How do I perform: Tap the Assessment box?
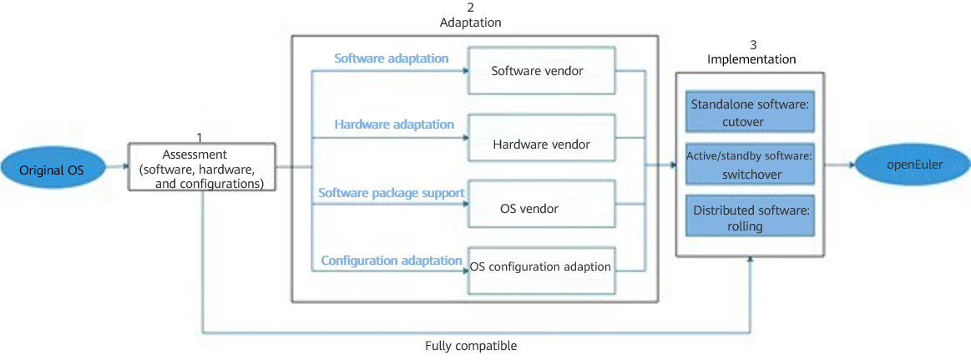(x=202, y=167)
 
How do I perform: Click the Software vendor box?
(x=542, y=71)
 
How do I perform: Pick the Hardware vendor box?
(x=542, y=144)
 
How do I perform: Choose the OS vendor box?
(x=542, y=208)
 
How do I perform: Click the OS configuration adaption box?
(x=542, y=267)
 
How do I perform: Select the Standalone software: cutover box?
(x=749, y=112)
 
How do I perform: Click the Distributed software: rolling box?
(x=749, y=217)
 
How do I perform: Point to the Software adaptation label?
(x=392, y=58)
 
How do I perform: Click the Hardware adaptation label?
(x=394, y=124)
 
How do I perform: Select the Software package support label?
(x=392, y=193)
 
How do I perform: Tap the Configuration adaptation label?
(x=392, y=261)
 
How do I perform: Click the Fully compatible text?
(x=471, y=346)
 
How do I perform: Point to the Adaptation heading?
(x=470, y=23)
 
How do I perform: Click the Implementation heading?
(x=751, y=59)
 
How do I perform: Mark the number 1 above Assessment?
(x=199, y=135)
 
